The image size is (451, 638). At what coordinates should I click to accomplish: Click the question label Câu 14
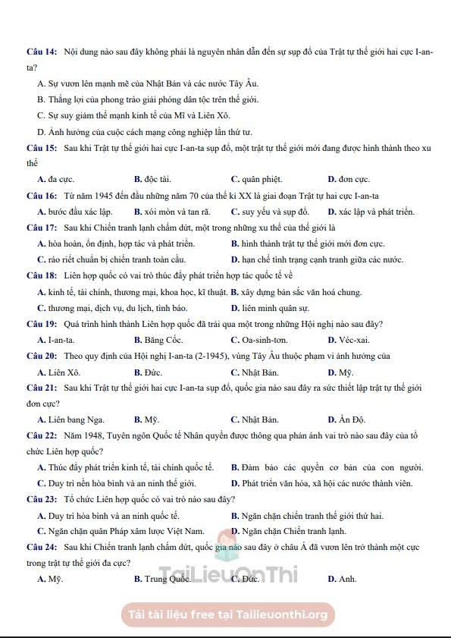(42, 51)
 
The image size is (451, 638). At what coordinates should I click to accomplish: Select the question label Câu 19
(42, 324)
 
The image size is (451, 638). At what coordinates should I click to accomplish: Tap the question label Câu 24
(42, 546)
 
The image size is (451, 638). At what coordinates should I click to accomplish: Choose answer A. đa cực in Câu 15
(52, 179)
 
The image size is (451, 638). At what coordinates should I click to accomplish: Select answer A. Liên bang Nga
(71, 420)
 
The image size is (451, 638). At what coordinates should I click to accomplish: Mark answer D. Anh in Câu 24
(342, 579)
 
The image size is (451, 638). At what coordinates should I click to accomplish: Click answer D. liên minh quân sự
(270, 308)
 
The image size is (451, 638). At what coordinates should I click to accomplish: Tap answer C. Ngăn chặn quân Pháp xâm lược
(121, 530)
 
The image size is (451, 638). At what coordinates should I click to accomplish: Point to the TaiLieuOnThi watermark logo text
(227, 577)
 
